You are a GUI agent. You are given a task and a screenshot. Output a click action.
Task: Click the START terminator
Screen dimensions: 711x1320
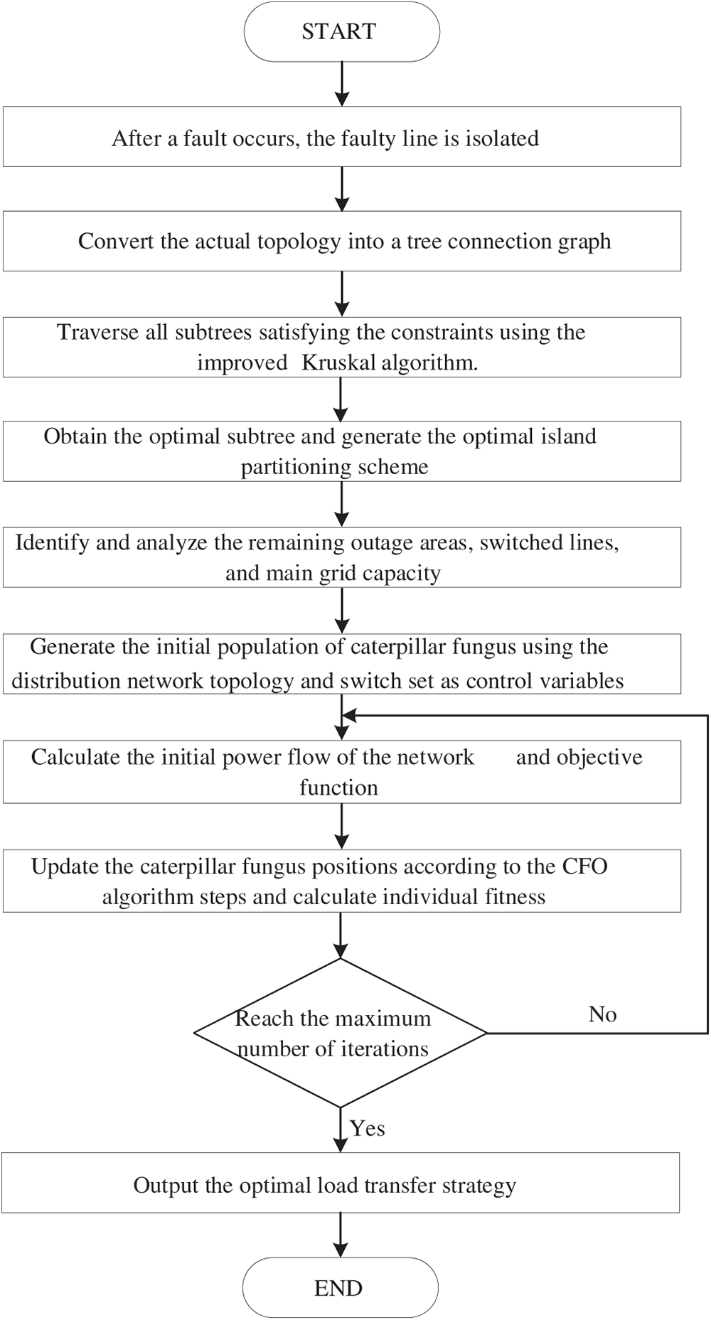point(342,32)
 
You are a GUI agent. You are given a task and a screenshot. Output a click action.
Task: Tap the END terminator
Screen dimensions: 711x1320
point(340,1287)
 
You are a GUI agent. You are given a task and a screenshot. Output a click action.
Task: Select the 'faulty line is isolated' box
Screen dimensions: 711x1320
point(342,137)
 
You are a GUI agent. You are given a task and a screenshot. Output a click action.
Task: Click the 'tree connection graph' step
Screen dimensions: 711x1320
point(342,241)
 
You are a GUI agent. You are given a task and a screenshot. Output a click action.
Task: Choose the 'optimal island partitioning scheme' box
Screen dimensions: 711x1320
point(342,451)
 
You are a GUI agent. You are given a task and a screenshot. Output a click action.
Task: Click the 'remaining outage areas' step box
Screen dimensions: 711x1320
point(342,557)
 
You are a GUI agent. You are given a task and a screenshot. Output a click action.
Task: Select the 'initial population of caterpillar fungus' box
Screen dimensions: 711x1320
point(342,664)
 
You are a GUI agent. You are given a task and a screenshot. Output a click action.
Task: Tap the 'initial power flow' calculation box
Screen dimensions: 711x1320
point(342,772)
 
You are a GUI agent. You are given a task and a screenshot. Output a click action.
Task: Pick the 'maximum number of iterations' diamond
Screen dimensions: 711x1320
point(341,1033)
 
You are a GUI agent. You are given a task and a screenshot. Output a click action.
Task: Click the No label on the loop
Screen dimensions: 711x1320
point(602,1014)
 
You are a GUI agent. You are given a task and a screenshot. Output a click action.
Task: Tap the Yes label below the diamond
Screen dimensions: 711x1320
point(368,1128)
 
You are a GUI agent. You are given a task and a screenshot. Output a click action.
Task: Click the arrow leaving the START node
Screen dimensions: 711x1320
point(342,84)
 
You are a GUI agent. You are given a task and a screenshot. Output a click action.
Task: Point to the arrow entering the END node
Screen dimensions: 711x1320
point(341,1235)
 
